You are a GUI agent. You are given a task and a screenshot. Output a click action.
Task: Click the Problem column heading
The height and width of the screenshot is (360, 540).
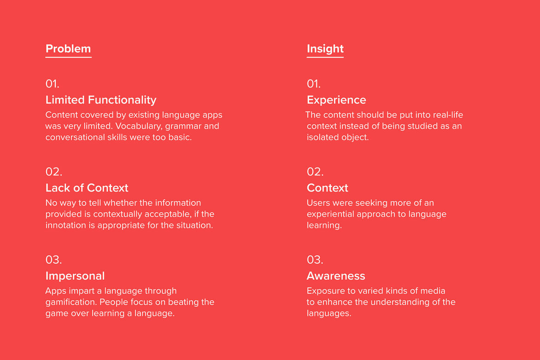68,49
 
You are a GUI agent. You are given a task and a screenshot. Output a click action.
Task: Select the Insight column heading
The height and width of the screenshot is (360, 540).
325,49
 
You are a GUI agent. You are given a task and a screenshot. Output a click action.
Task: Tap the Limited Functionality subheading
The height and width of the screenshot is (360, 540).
101,100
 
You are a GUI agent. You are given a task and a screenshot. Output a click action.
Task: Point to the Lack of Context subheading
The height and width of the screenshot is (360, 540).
87,188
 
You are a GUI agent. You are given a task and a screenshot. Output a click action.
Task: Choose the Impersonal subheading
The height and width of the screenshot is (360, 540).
75,276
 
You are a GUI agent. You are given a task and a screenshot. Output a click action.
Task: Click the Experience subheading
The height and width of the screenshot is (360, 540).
336,100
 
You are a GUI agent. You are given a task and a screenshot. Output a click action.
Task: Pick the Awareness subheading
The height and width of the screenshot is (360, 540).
336,276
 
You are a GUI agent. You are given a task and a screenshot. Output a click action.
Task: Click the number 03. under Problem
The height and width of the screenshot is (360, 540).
54,260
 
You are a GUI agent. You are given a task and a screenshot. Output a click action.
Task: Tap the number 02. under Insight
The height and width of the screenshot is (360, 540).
315,172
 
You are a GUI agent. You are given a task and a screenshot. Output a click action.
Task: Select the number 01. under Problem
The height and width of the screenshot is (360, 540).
53,84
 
